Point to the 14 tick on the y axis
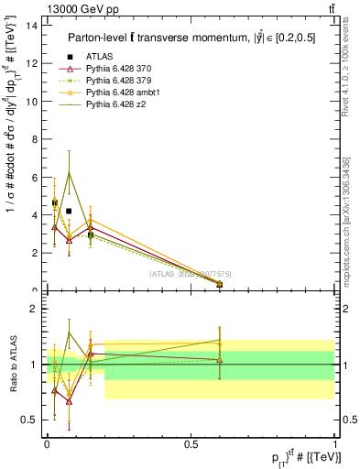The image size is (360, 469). click(x=33, y=25)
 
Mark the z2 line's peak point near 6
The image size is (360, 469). click(x=69, y=172)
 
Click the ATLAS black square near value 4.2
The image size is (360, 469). click(x=69, y=211)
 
